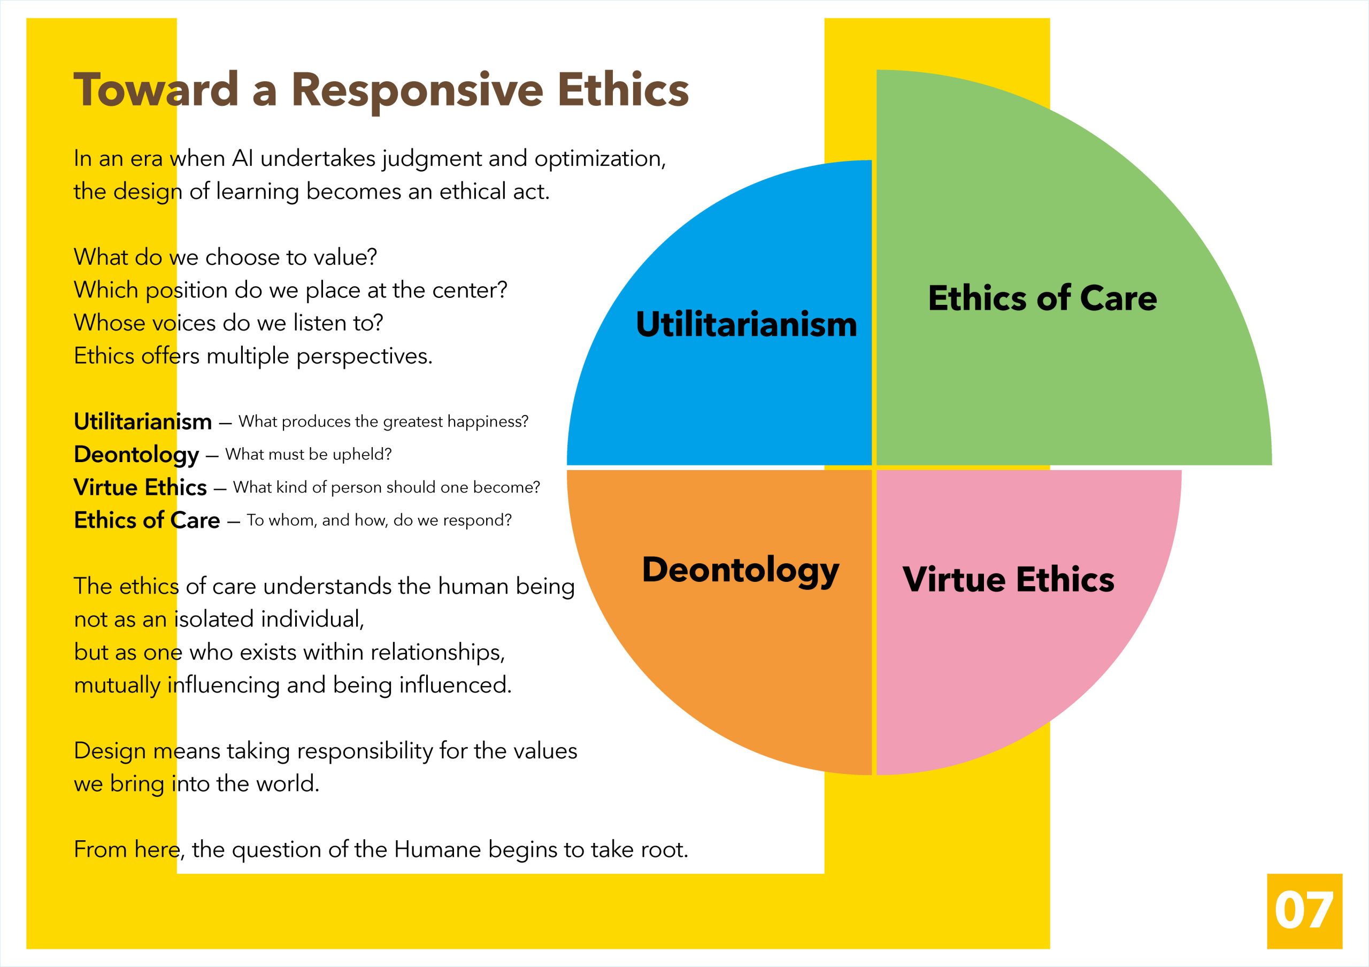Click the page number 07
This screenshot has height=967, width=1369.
pyautogui.click(x=1304, y=911)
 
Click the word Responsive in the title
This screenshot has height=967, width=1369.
pyautogui.click(x=417, y=90)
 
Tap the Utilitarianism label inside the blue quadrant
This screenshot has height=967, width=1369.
pyautogui.click(x=746, y=324)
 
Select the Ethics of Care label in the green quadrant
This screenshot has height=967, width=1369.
pyautogui.click(x=1042, y=298)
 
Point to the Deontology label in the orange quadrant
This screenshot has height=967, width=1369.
pyautogui.click(x=741, y=570)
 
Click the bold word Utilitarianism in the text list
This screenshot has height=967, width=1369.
pyautogui.click(x=142, y=422)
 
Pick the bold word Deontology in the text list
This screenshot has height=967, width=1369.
pyautogui.click(x=136, y=455)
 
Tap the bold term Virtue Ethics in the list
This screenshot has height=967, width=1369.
pyautogui.click(x=140, y=488)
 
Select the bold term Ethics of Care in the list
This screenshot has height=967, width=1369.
pyautogui.click(x=147, y=520)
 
